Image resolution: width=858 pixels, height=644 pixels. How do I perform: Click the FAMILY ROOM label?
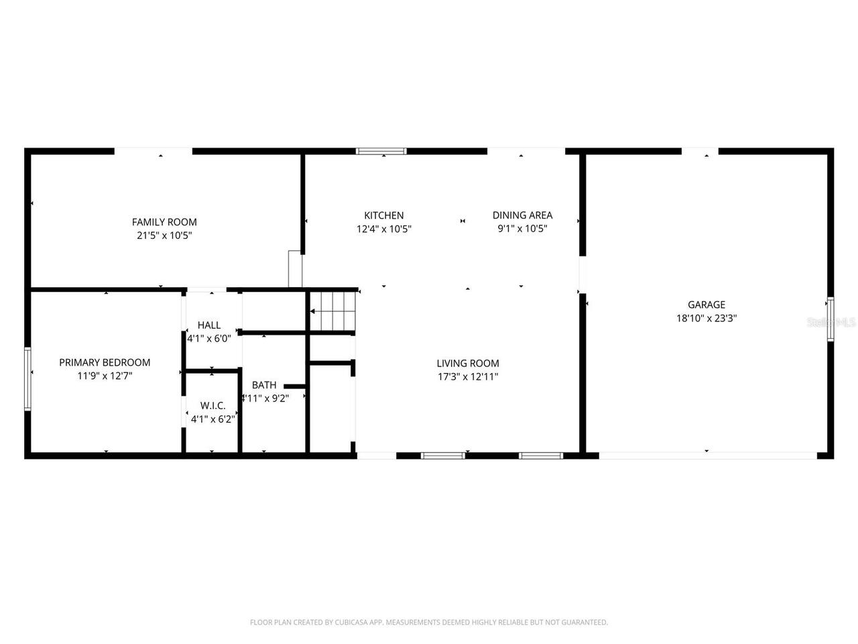point(164,222)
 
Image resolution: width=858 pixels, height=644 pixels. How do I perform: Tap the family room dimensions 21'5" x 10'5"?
point(164,235)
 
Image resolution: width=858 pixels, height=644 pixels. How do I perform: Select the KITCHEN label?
point(383,215)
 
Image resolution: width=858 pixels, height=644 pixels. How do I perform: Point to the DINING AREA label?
point(522,215)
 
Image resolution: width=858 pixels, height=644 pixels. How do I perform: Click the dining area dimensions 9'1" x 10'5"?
point(522,229)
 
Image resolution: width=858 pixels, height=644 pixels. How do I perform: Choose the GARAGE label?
point(707,305)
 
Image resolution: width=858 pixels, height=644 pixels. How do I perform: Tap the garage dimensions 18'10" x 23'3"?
point(707,319)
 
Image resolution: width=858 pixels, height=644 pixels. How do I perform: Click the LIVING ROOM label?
point(468,364)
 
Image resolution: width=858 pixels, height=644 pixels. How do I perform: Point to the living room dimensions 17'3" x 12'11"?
point(468,377)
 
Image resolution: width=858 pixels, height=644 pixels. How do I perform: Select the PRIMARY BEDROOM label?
point(105,362)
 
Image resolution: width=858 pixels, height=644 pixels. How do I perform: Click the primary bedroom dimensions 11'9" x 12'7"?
point(105,376)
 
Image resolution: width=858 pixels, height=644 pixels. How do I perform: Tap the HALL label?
point(209,325)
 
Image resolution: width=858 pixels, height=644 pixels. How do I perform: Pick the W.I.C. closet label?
point(212,406)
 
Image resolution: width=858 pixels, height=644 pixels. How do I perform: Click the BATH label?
point(264,385)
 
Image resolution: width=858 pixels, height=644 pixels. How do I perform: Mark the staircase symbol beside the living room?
point(332,311)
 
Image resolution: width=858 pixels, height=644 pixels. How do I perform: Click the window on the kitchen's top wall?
point(381,151)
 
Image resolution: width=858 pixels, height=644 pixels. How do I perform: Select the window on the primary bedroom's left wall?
point(27,378)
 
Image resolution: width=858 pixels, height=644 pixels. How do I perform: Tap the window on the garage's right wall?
point(831,319)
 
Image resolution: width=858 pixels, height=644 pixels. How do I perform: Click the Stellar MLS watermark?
point(831,322)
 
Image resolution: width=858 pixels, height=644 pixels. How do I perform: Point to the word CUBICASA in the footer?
point(352,623)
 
